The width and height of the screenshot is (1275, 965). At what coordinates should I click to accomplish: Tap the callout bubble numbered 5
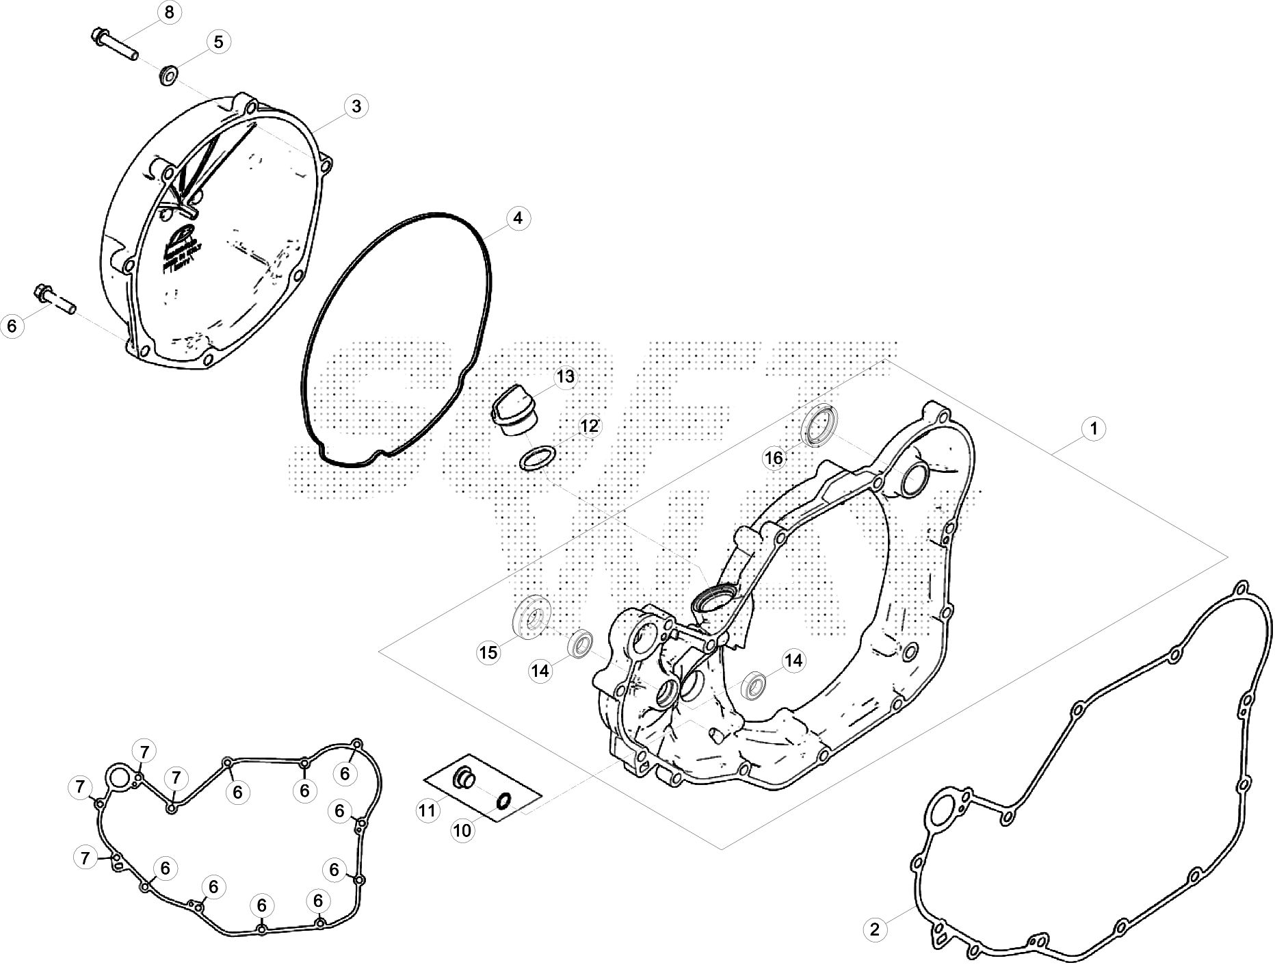(218, 42)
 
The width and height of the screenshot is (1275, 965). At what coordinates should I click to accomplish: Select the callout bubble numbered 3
(356, 106)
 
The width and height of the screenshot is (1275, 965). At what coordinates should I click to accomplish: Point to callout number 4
(518, 218)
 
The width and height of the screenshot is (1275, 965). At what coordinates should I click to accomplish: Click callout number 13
(565, 377)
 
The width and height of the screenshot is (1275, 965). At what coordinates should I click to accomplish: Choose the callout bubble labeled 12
(590, 426)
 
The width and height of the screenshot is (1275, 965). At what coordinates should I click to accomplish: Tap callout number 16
(774, 458)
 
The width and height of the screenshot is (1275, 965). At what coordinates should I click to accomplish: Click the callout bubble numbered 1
(1094, 429)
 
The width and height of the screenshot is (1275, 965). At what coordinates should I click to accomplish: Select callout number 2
(874, 929)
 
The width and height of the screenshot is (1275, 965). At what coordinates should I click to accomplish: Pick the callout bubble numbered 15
(488, 652)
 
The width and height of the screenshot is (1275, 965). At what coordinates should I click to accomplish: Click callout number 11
(427, 811)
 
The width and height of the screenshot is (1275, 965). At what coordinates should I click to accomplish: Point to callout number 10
(462, 830)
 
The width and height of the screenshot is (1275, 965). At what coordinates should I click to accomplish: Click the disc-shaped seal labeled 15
(531, 617)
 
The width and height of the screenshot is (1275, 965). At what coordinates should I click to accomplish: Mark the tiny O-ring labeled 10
(503, 800)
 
